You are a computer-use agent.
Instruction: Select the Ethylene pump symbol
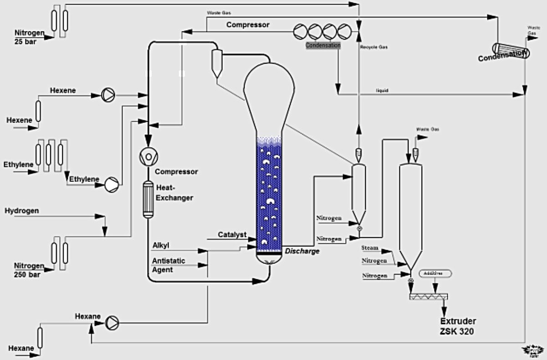111,184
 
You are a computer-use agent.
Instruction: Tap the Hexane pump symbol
111,323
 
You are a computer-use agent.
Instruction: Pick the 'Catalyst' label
232,235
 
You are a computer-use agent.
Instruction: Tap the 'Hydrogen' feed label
22,211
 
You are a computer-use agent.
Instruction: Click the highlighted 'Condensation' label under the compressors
323,45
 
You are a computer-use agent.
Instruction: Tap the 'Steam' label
370,248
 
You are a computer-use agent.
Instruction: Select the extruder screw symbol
428,297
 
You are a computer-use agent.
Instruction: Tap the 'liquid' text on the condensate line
382,91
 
